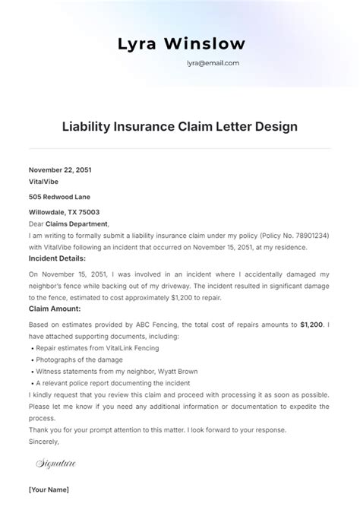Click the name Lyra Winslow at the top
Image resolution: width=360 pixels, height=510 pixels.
click(180, 44)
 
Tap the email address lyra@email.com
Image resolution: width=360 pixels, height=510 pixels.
click(213, 64)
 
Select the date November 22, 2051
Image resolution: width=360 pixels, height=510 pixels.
click(60, 169)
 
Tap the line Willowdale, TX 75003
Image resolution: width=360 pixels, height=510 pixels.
click(64, 212)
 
